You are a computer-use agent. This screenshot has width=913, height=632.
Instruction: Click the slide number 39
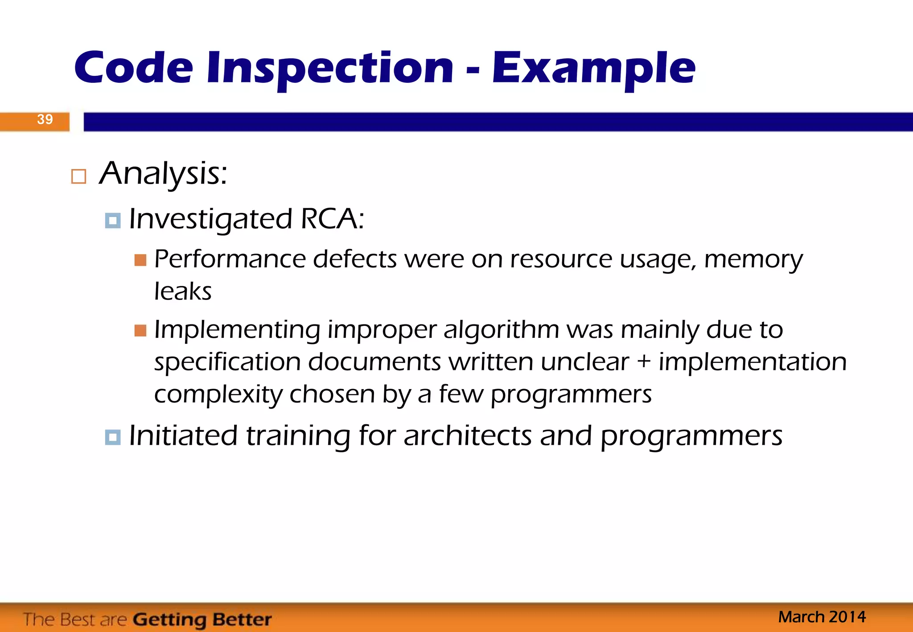45,119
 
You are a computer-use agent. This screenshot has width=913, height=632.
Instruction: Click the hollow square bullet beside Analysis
78,176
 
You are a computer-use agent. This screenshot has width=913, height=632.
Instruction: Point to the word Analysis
163,173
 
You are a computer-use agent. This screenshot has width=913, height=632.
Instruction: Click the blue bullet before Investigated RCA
112,220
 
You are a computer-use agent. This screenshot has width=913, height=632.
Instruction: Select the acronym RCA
332,219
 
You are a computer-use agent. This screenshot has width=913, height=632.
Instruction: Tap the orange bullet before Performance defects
140,260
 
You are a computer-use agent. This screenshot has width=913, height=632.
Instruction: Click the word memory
753,259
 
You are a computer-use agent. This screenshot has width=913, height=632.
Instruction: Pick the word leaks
183,291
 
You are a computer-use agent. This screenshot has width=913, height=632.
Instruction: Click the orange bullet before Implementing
140,330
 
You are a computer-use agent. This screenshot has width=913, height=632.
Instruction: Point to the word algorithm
501,330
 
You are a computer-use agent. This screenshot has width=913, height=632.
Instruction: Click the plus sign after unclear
643,361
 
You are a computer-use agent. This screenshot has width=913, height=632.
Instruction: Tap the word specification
227,362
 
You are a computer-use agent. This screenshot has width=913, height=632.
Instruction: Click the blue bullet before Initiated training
112,437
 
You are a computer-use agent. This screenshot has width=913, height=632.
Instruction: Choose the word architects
468,435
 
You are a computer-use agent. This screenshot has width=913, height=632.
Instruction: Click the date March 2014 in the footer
822,617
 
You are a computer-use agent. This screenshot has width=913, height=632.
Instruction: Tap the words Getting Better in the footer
202,619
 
